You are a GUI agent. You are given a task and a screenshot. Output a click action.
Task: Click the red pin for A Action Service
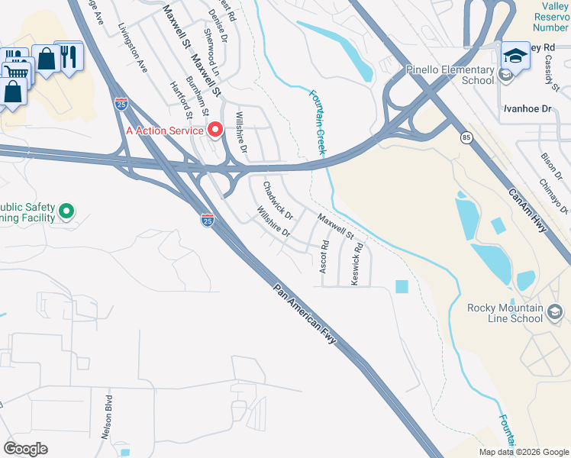[215, 130]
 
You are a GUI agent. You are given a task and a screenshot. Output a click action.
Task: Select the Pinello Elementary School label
[450, 75]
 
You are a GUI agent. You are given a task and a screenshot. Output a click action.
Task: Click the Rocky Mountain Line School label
[505, 313]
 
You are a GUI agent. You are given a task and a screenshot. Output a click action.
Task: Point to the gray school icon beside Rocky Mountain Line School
[555, 311]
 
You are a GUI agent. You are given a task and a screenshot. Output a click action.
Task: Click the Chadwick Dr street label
[278, 200]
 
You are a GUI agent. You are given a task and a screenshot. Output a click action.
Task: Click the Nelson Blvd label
[108, 417]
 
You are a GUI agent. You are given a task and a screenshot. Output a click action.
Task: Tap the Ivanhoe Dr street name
[526, 109]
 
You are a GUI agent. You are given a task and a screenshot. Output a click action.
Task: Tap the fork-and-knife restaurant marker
[69, 56]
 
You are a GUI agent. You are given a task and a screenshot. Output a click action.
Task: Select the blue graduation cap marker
[515, 55]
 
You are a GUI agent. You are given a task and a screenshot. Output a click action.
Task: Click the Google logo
[25, 449]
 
